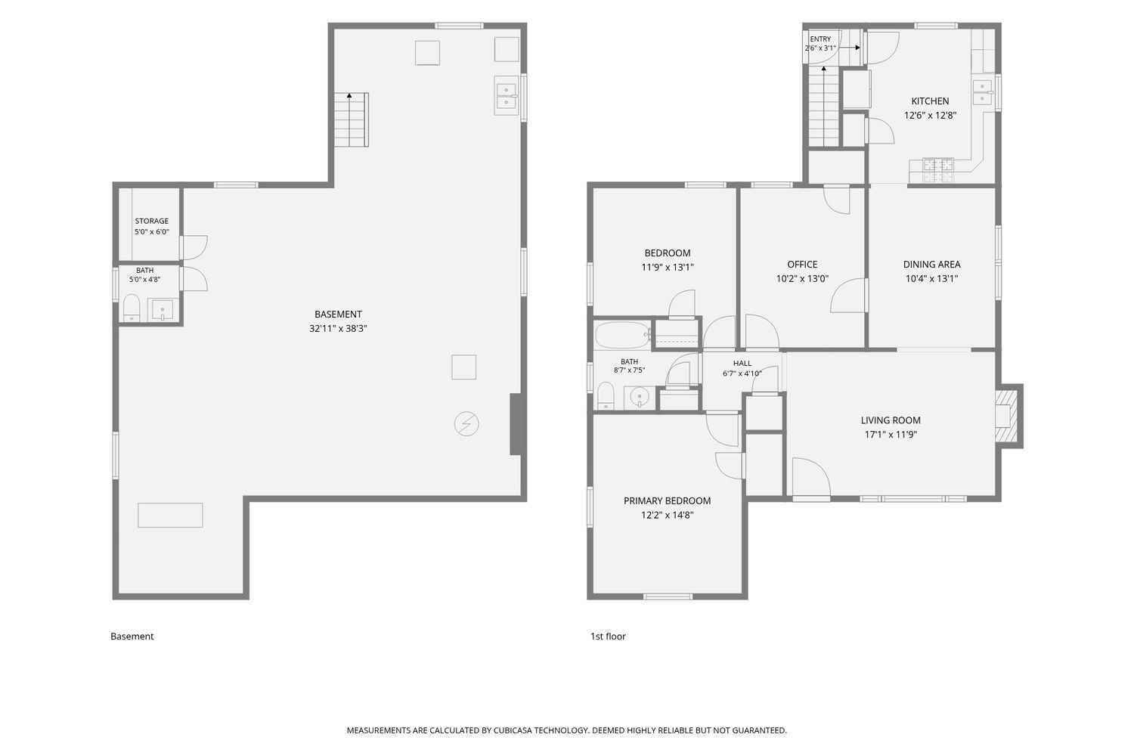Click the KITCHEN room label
[x=930, y=101]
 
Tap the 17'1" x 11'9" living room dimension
[x=891, y=435]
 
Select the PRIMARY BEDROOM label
[x=667, y=500]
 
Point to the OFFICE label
[x=802, y=265]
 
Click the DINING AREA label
[x=931, y=265]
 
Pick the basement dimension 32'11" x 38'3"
[x=338, y=329]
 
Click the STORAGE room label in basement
[x=151, y=221]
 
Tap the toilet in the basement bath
[x=131, y=308]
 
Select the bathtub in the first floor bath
[x=622, y=335]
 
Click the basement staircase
[x=351, y=119]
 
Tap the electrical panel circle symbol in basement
[x=466, y=424]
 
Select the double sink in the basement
[x=507, y=96]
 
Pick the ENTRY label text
[x=820, y=39]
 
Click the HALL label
[x=742, y=363]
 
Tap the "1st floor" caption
[x=608, y=637]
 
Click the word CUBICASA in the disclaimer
[x=513, y=730]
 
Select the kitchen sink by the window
[x=982, y=91]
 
